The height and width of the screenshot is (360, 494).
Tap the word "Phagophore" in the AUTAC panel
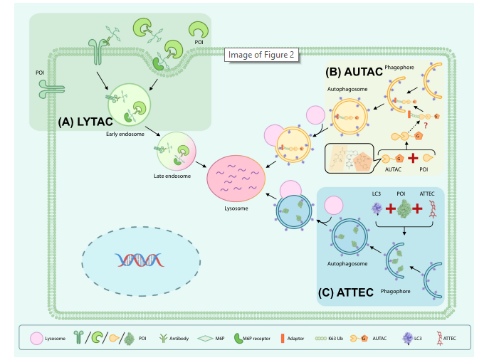click(x=399, y=71)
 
